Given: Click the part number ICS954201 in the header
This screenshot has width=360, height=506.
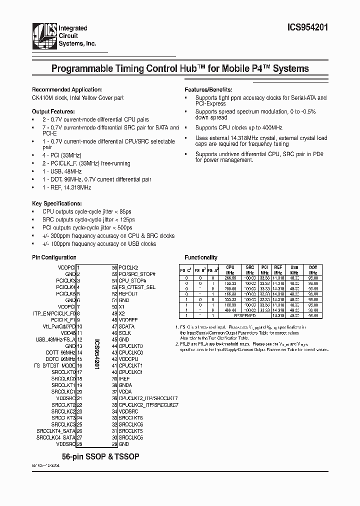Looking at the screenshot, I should click(306, 29).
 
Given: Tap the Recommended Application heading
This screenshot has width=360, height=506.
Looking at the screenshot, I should click(63, 89).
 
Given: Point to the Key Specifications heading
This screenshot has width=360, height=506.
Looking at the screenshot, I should click(56, 203).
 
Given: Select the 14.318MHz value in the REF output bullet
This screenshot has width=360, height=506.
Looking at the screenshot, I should click(77, 187).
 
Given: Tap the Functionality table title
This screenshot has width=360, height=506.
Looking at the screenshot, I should click(201, 257).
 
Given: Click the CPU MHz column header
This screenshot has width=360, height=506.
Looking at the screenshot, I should click(230, 270).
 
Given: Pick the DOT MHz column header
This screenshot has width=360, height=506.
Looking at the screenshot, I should click(313, 270).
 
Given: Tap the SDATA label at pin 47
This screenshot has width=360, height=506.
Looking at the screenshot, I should click(126, 326).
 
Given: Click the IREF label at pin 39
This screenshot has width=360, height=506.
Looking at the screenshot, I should click(124, 378).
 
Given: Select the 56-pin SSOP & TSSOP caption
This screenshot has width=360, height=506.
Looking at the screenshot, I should click(100, 457).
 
